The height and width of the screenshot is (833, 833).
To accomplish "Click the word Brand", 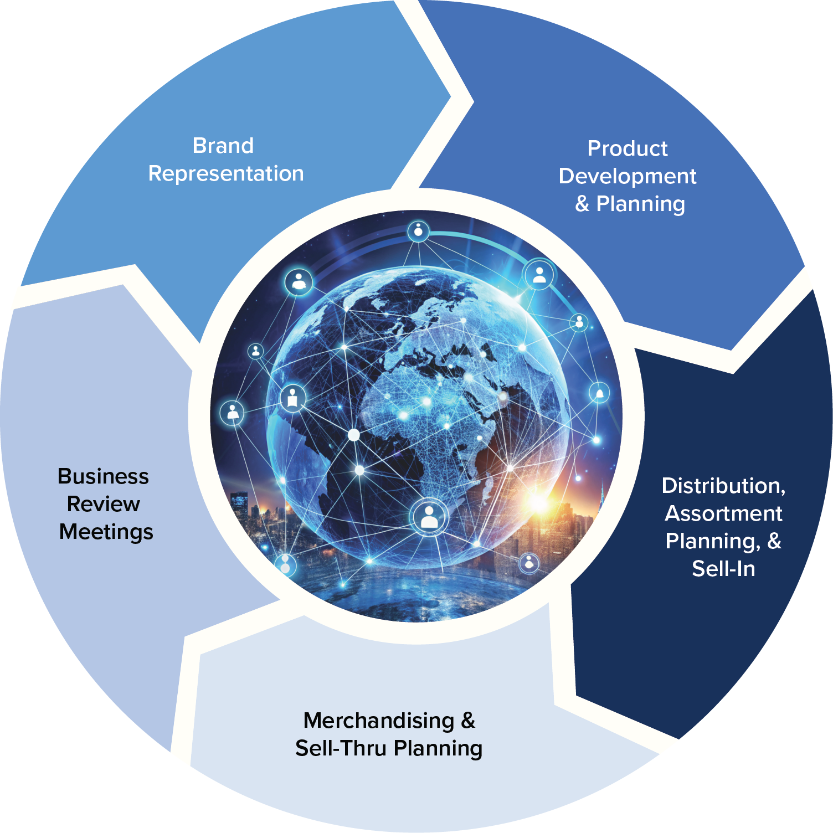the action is (223, 146).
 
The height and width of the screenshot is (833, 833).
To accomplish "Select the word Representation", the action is (226, 173).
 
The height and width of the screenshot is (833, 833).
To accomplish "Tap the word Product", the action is (628, 148).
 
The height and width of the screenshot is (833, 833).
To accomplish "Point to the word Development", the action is (628, 176).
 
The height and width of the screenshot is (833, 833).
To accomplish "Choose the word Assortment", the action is (723, 513).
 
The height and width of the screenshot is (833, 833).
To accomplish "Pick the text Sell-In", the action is (723, 569).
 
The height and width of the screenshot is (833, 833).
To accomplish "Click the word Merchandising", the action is (379, 721).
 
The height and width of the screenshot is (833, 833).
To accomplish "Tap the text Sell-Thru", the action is (341, 748).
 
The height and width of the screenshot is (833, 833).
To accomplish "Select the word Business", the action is (104, 476).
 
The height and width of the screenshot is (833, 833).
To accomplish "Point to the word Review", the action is (104, 504).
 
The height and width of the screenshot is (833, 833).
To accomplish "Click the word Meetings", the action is (106, 532).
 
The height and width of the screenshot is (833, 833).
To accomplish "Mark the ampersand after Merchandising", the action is (468, 721).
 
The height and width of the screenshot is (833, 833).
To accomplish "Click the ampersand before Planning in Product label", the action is (582, 204).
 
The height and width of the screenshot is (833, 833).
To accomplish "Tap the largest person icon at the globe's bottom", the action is (429, 517).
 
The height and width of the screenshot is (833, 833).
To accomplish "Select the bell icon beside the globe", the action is (599, 393).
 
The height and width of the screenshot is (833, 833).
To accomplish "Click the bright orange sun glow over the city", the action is (537, 501).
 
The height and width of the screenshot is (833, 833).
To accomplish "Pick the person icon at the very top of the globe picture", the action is (419, 231).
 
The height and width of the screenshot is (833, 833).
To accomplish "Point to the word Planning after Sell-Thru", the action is (438, 748).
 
